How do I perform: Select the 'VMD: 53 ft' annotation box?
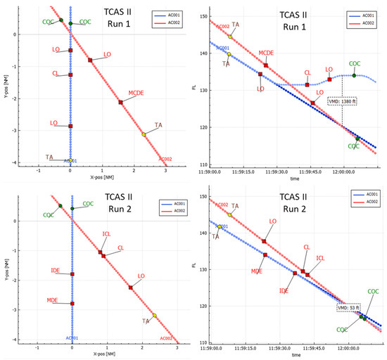pos(348,307)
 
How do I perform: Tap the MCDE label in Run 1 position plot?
pos(138,92)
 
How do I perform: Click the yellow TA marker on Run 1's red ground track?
pos(144,134)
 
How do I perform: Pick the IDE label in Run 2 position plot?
pos(55,270)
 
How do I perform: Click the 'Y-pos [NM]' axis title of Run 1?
pos(6,87)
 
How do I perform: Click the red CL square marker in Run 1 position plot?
pos(70,75)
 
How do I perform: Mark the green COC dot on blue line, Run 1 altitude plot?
pos(354,75)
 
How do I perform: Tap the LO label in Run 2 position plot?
pos(141,276)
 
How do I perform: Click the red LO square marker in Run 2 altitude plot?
pos(264,241)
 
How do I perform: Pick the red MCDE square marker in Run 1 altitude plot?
pos(266,65)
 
